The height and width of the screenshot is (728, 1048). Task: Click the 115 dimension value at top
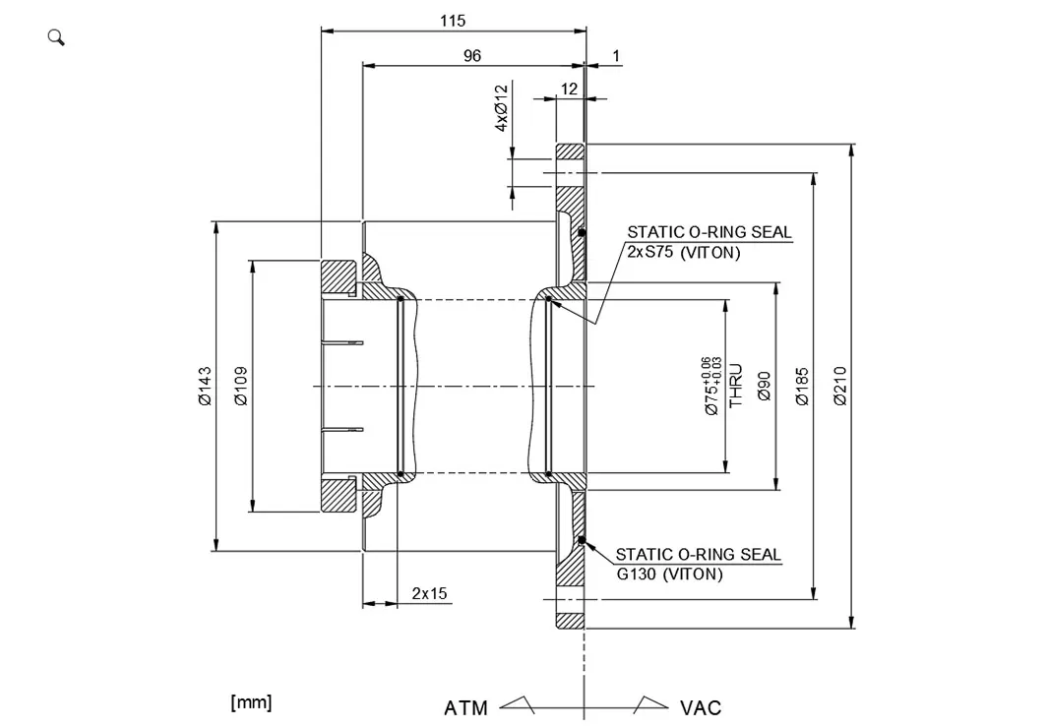click(453, 20)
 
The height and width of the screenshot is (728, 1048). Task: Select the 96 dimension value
click(472, 56)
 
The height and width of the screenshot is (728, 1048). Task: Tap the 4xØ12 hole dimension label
click(501, 108)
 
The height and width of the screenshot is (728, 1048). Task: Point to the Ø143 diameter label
click(205, 386)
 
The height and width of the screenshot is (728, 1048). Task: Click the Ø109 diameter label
click(241, 386)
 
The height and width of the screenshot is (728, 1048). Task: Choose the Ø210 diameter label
click(839, 386)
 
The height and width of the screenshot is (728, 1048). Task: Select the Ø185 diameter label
click(801, 386)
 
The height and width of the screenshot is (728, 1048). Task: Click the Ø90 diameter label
click(764, 386)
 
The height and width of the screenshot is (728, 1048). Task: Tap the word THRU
click(736, 386)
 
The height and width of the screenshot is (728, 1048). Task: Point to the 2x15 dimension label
click(429, 593)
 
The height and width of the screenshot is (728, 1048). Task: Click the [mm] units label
click(251, 702)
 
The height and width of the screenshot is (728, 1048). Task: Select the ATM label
click(465, 708)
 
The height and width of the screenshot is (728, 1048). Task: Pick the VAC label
click(701, 708)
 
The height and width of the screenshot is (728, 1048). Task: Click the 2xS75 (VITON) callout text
click(684, 252)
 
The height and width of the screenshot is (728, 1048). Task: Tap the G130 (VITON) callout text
click(669, 574)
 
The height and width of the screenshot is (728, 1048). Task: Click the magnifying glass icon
click(56, 37)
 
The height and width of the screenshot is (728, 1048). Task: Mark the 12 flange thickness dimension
click(570, 89)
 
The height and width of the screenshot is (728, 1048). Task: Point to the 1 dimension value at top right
click(617, 56)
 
